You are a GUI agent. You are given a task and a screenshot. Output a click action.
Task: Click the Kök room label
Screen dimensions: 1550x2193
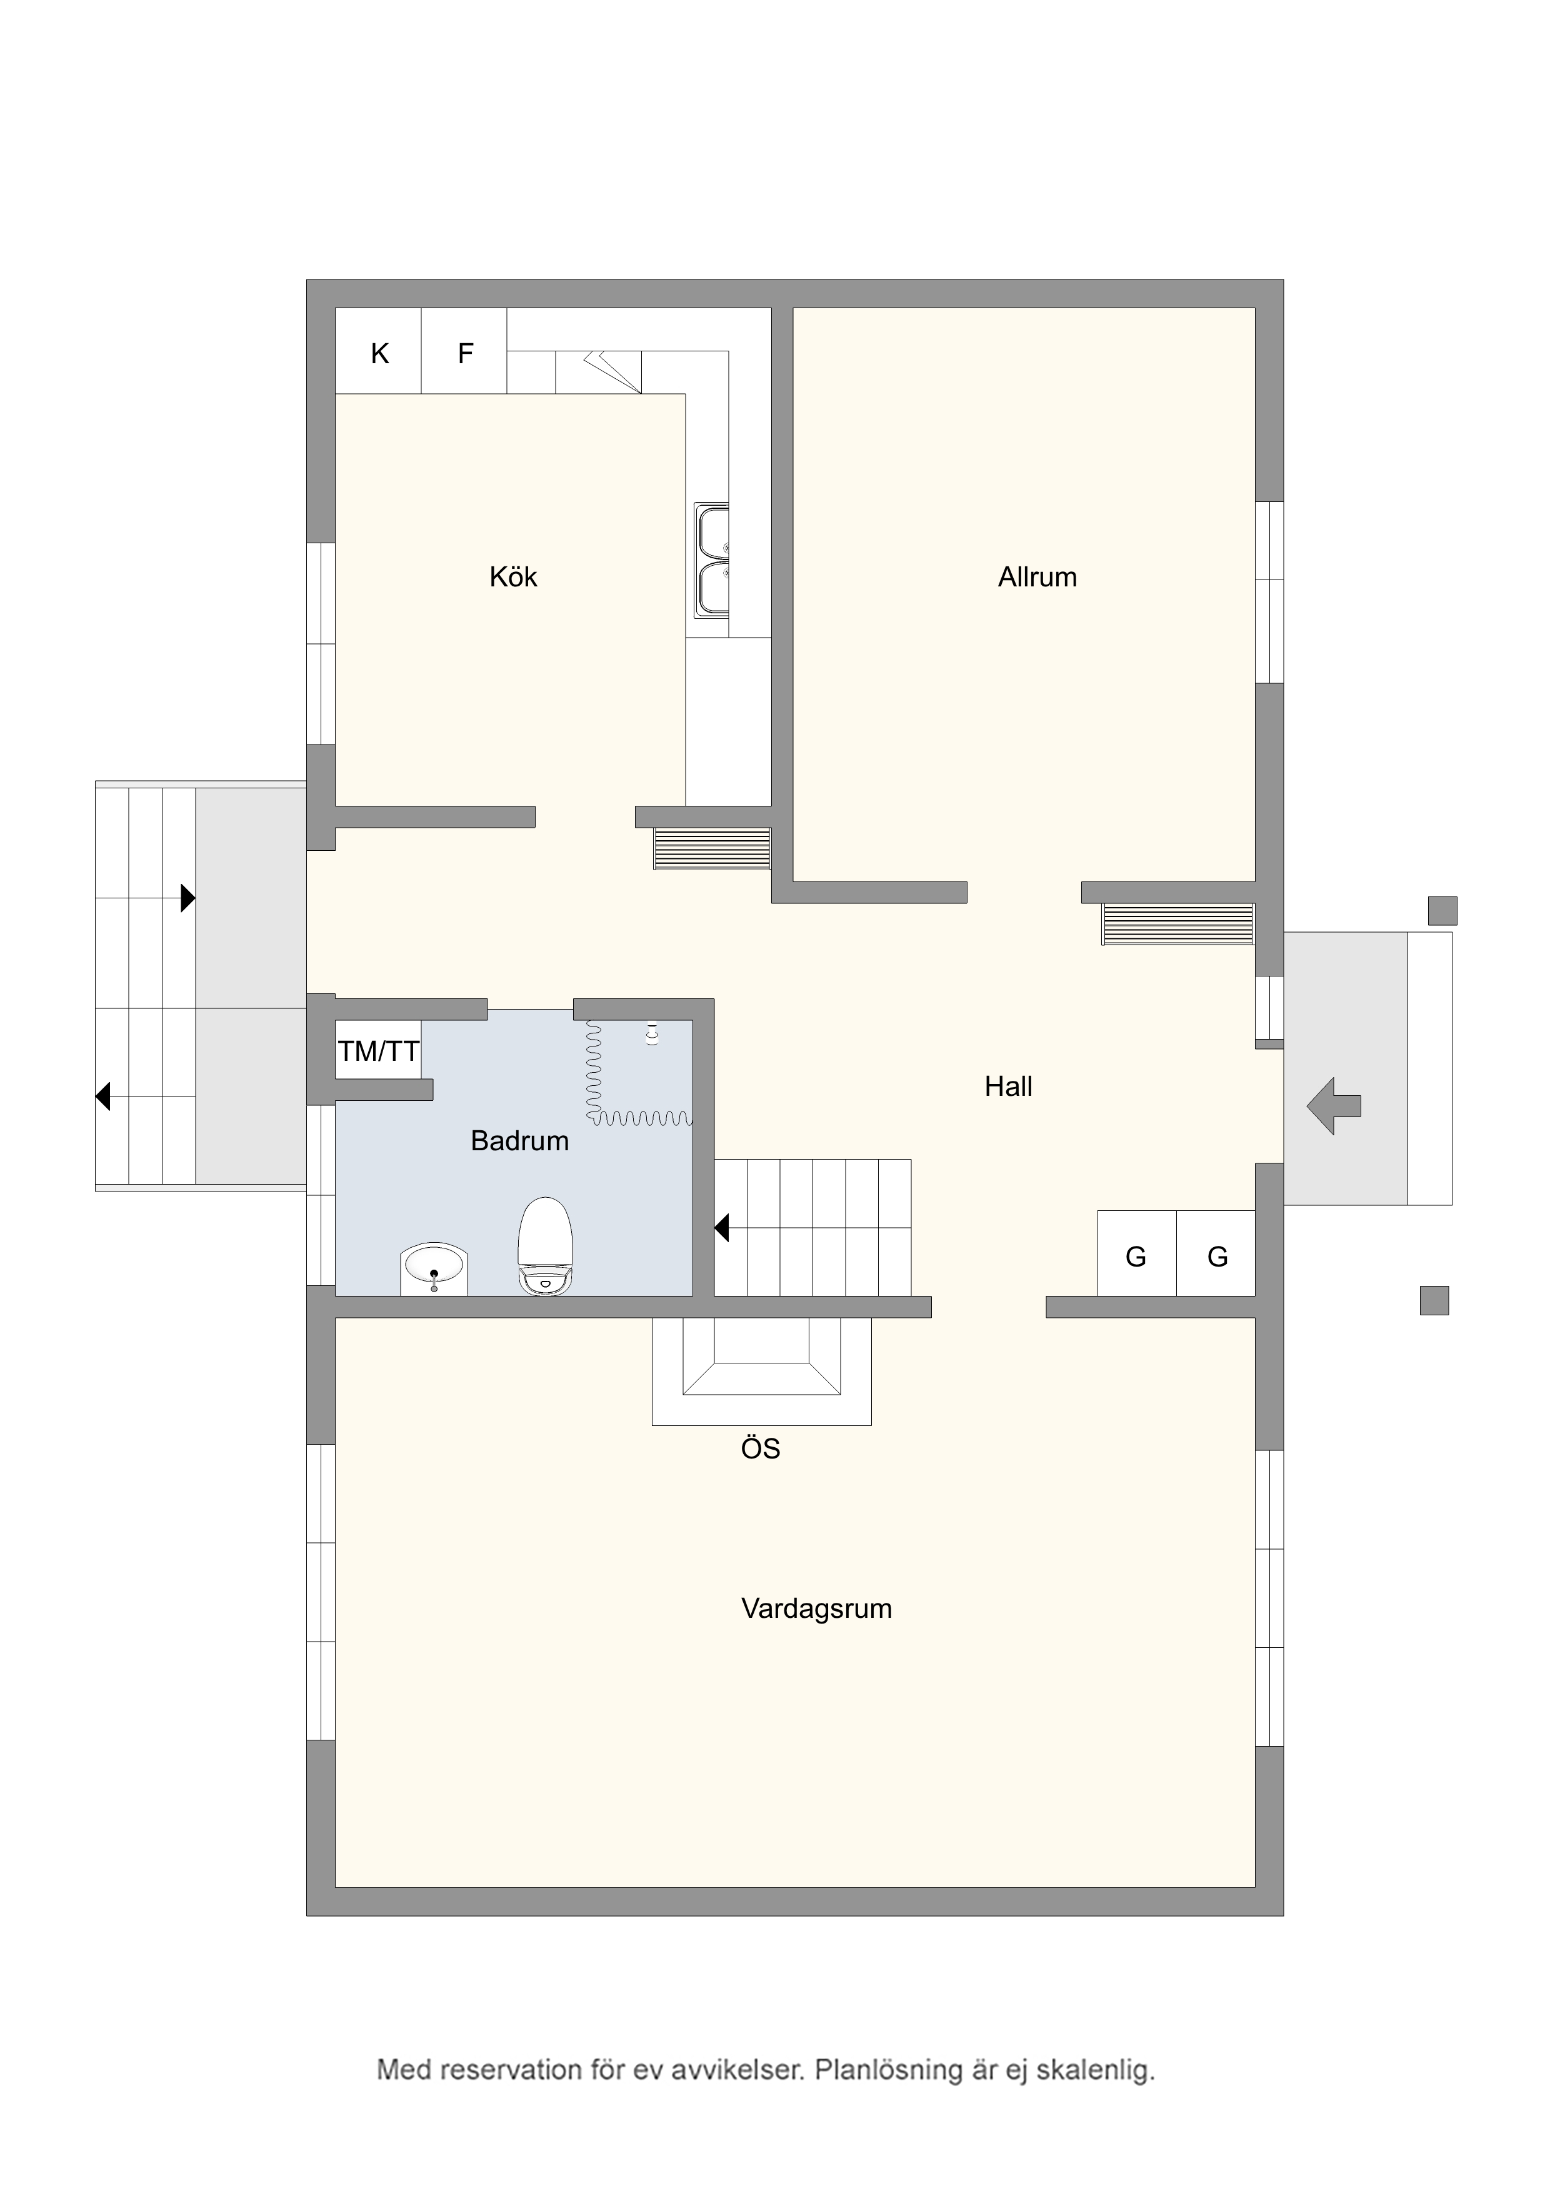[513, 577]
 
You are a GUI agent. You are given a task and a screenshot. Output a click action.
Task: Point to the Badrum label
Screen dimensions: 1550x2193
[519, 1140]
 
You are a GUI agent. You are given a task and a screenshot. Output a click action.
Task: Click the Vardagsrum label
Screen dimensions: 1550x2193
[816, 1608]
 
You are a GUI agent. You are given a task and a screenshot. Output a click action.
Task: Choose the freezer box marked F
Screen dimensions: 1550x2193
[464, 351]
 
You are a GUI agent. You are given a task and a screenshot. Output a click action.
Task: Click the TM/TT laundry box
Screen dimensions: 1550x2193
[378, 1051]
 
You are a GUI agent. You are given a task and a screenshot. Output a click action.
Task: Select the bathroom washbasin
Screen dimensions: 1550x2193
[434, 1268]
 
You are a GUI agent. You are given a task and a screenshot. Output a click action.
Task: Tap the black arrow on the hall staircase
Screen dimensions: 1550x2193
[722, 1227]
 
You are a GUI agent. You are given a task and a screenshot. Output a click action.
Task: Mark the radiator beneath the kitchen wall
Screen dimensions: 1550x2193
[711, 848]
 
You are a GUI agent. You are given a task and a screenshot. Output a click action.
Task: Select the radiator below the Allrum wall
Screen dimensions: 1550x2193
[1177, 923]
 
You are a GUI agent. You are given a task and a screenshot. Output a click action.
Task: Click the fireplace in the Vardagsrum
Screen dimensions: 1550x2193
[761, 1370]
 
